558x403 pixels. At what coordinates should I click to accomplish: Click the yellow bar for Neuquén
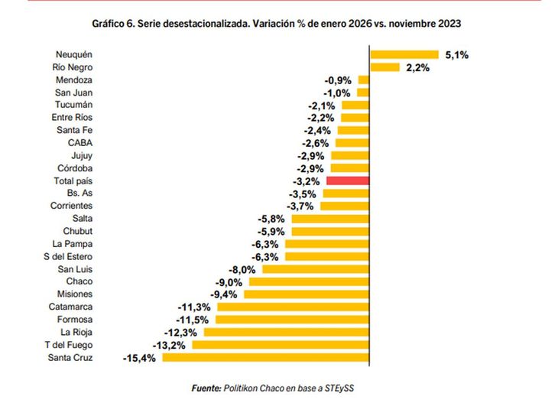click(x=404, y=54)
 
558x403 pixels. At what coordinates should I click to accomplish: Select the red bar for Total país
click(x=348, y=180)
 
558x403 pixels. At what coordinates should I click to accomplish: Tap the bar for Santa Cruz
click(x=265, y=357)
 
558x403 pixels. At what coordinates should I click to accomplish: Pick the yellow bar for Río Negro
click(x=384, y=67)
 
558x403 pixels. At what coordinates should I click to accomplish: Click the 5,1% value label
click(x=456, y=54)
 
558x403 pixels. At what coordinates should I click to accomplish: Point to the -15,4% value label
click(x=139, y=357)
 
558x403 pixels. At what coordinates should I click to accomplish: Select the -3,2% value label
click(x=307, y=181)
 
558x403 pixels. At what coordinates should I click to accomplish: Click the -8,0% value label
click(x=244, y=269)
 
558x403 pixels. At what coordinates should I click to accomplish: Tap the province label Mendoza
click(x=75, y=80)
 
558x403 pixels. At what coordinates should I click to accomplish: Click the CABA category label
click(x=80, y=143)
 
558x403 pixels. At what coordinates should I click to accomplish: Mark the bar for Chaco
click(x=310, y=281)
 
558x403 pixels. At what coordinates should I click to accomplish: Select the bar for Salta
click(x=331, y=219)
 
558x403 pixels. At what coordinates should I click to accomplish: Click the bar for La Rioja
click(x=287, y=332)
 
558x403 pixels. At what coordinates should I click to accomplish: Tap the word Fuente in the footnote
click(x=206, y=388)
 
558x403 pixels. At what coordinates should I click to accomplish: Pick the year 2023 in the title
click(x=448, y=24)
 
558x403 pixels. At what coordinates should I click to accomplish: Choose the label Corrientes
click(x=72, y=206)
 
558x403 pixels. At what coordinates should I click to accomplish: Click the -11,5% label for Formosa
click(x=194, y=320)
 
